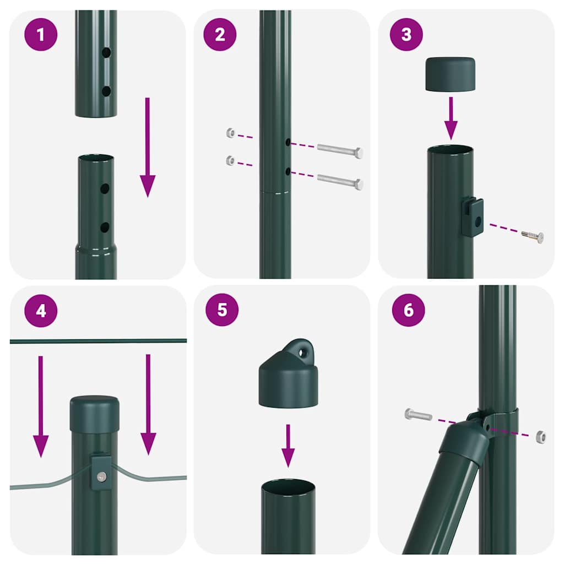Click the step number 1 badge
[x=41, y=35]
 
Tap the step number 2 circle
[x=220, y=35]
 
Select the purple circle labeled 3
[x=406, y=35]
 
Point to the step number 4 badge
[x=41, y=311]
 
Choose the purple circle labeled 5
[x=222, y=310]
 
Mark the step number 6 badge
[x=408, y=310]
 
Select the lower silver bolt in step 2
[x=340, y=182]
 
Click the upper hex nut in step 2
[x=231, y=133]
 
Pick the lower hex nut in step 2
[x=231, y=161]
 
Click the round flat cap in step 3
[x=451, y=74]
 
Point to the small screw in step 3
[x=533, y=236]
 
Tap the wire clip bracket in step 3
[x=473, y=217]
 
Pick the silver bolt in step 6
[x=418, y=415]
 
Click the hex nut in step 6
[x=540, y=437]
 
